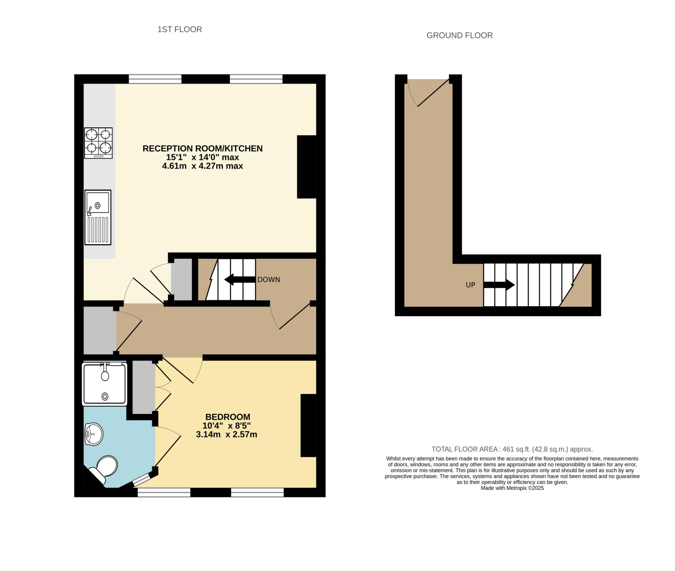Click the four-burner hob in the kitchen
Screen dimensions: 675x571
coord(98,143)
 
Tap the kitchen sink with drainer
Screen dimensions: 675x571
coord(98,217)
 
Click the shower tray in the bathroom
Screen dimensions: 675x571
coord(104,384)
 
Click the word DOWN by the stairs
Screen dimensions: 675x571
coord(269,280)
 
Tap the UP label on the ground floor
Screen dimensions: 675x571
coord(470,285)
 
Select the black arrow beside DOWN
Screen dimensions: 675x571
coord(240,280)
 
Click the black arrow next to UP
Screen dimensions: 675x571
coord(499,285)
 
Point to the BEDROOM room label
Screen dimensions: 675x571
coord(228,417)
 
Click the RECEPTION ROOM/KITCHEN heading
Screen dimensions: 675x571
coord(202,148)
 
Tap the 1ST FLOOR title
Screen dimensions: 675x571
coord(180,29)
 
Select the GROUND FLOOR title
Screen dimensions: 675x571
coord(459,35)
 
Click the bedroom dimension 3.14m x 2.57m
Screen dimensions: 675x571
coord(226,434)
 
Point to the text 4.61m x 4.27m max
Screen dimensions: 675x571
coord(202,166)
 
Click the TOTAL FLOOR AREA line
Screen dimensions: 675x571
coord(512,449)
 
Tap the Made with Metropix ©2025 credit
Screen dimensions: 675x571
coord(512,488)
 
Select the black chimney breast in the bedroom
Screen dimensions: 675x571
coord(308,426)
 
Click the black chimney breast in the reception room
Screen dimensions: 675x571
coord(307,167)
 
